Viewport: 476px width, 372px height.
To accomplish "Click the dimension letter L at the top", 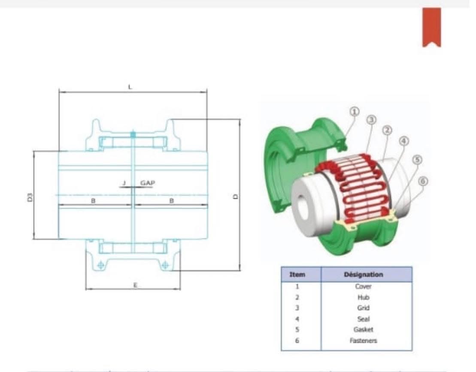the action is [x=130, y=87].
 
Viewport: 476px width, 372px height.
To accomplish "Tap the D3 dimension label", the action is [x=30, y=197].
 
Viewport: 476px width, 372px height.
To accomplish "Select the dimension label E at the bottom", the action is [x=135, y=285].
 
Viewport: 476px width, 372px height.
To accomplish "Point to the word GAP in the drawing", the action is [x=148, y=183].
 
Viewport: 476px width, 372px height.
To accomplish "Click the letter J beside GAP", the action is [x=124, y=183].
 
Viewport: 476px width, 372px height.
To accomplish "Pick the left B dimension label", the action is [x=93, y=201].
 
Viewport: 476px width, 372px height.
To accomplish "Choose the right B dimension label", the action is [x=172, y=201].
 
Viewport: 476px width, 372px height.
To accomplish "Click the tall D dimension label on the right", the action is [x=235, y=197].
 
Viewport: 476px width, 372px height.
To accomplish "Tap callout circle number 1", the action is [x=354, y=112].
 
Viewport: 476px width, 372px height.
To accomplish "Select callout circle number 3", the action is [x=371, y=120].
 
